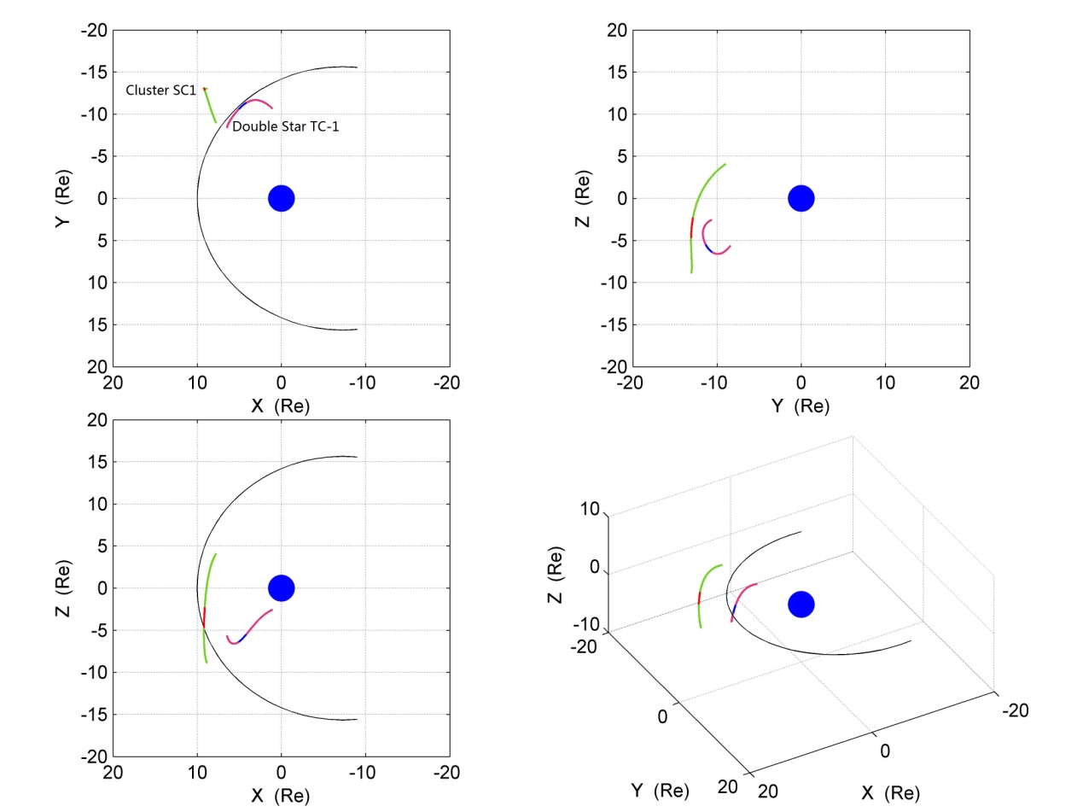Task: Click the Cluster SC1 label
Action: point(161,90)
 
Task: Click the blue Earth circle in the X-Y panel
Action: point(282,198)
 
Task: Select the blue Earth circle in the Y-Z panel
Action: point(801,198)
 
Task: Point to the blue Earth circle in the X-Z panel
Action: point(282,587)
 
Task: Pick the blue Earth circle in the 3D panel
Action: point(801,605)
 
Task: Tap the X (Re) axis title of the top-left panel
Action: point(281,406)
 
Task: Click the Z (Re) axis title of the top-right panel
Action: point(584,198)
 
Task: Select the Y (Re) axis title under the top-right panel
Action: point(800,406)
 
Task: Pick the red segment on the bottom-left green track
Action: point(204,616)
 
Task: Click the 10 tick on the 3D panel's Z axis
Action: point(590,509)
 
